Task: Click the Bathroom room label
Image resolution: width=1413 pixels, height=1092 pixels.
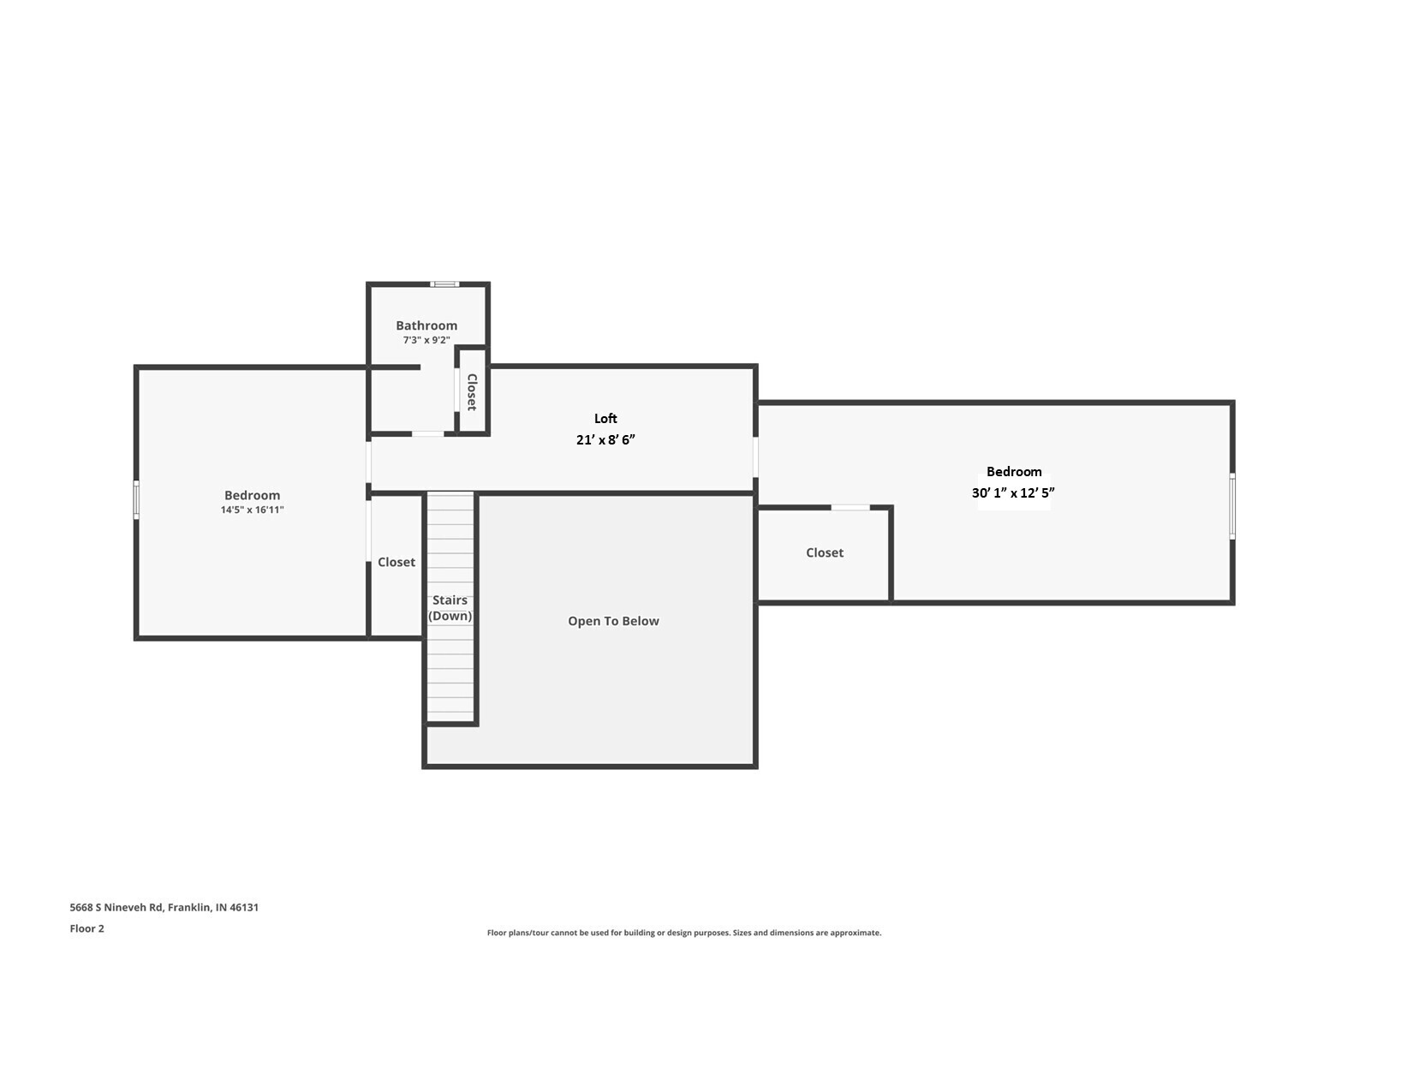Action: [426, 325]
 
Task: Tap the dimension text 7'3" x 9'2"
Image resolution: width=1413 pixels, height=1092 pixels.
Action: [426, 340]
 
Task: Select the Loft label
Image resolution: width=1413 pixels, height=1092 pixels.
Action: [605, 418]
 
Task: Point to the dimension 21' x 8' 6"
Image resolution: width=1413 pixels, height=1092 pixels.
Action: [605, 439]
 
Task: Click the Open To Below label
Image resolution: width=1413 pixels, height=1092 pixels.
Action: [613, 621]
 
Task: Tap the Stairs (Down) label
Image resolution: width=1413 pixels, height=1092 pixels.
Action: [450, 608]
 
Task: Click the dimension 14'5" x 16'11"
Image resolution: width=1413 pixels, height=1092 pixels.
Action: [252, 510]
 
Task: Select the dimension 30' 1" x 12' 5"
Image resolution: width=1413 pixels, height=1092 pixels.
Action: [1013, 492]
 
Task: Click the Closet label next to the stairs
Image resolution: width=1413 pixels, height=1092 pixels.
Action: [396, 562]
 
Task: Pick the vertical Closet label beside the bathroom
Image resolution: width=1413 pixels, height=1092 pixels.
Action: [472, 392]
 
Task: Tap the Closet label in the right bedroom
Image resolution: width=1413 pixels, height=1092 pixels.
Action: [825, 552]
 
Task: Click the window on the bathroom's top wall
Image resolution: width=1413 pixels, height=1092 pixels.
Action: [444, 284]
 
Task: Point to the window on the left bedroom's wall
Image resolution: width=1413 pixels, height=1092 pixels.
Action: [136, 499]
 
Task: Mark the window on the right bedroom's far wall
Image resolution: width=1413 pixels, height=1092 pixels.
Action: [1232, 506]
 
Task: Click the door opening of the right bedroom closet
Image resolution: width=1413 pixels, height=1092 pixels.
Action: [850, 508]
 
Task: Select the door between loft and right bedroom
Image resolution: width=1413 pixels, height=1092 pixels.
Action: [755, 456]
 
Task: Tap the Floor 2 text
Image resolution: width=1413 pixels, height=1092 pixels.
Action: [86, 928]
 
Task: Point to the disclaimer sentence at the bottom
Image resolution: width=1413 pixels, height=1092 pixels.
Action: [683, 933]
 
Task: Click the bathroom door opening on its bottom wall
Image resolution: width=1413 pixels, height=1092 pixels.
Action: [427, 434]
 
